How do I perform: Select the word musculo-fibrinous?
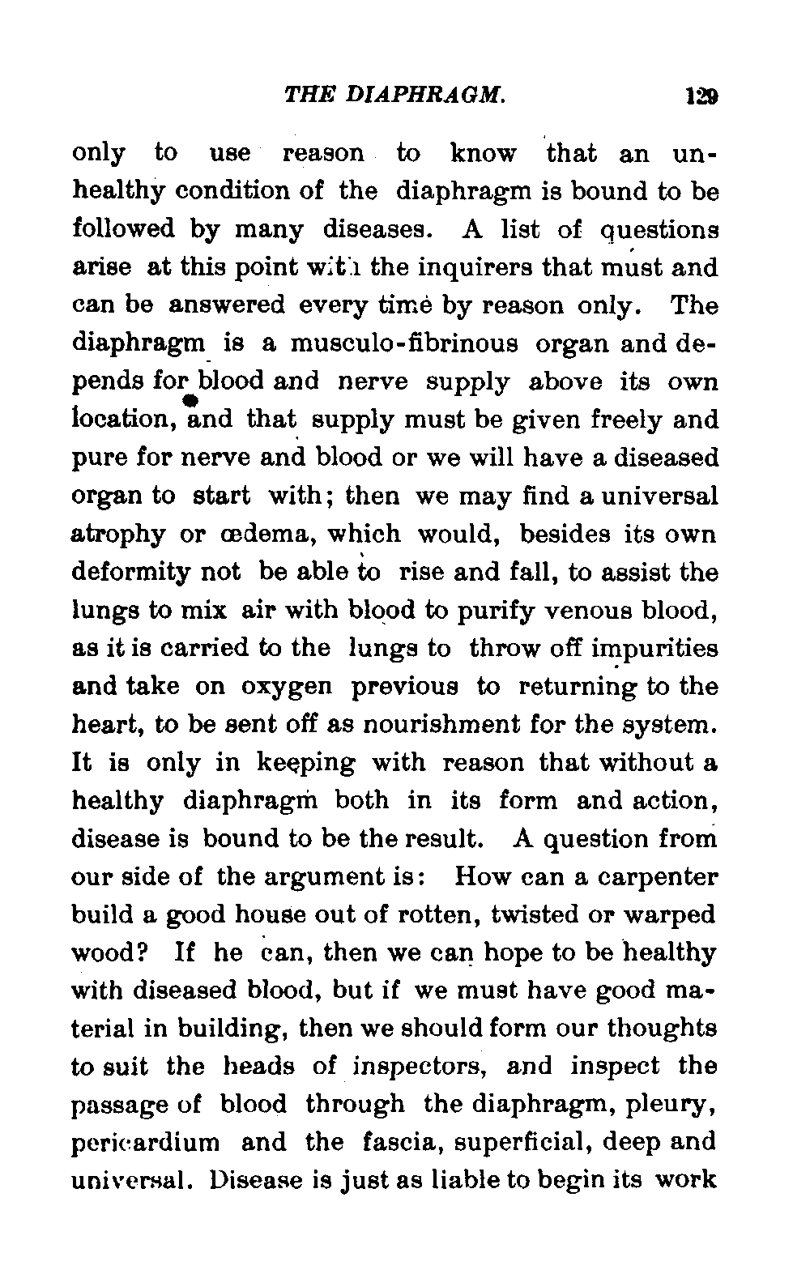[404, 343]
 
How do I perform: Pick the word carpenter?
[652, 877]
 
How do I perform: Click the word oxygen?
[286, 687]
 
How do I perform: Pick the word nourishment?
[473, 724]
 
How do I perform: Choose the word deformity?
[134, 573]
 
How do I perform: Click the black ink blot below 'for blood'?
[192, 402]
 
